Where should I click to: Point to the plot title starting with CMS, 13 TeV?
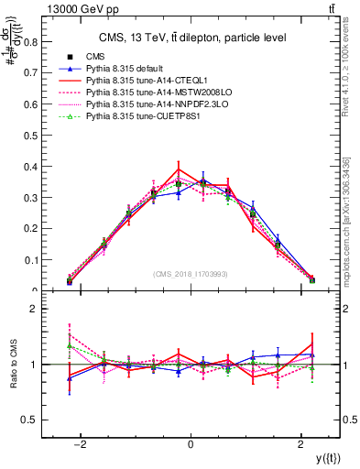pos(190,38)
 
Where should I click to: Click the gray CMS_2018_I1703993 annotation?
pos(190,274)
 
